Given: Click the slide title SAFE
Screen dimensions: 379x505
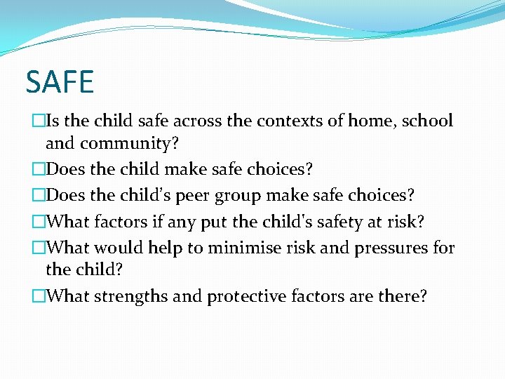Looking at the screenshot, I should point(60,82).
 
